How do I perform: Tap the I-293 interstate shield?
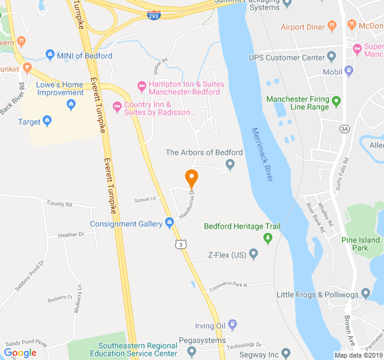pos(154,16)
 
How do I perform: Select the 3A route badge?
pos(344,128)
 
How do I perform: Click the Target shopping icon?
pos(47,122)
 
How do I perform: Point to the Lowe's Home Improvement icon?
pos(71,106)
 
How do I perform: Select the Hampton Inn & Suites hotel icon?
pos(142,85)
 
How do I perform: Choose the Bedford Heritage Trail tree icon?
pos(268,238)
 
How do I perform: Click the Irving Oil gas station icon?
pos(233,325)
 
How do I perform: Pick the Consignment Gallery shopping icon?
pos(168,224)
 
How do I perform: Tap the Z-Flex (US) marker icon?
pos(254,254)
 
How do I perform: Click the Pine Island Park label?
pos(361,244)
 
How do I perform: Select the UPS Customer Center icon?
pos(331,58)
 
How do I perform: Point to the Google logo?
pos(20,353)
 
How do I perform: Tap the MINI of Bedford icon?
pos(50,56)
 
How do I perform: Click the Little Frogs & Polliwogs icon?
pos(365,295)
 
